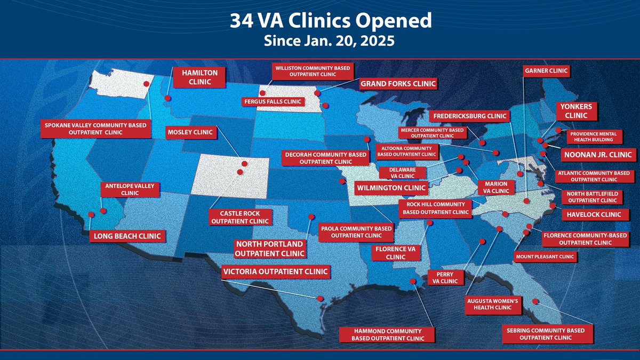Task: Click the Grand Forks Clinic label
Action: [398, 84]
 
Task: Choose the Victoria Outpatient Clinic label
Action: [275, 271]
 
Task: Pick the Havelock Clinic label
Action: [591, 214]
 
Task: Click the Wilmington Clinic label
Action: [391, 188]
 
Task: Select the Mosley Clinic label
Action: [189, 132]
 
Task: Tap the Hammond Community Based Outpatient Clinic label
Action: [387, 334]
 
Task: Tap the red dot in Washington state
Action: [146, 83]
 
